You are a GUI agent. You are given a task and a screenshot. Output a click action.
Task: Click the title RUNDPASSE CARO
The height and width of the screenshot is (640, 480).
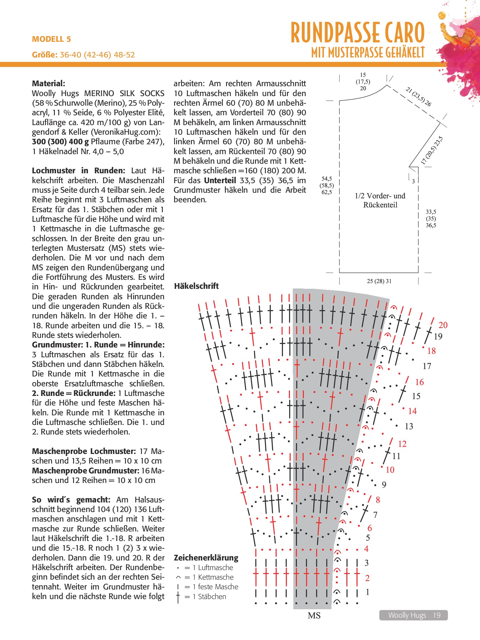[x=358, y=33]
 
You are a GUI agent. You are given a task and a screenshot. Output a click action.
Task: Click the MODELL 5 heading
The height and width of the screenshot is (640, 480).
[x=51, y=39]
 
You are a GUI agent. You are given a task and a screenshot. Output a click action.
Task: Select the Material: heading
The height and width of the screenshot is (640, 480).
[x=48, y=84]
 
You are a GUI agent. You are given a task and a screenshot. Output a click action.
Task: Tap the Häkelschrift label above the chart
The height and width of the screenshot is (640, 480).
[x=196, y=286]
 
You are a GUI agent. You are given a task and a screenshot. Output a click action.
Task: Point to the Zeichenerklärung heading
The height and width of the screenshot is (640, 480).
[x=206, y=558]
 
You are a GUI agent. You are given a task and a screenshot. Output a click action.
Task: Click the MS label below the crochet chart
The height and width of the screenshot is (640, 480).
[x=314, y=616]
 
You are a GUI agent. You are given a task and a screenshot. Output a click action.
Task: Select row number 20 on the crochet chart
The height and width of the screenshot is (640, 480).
[x=443, y=325]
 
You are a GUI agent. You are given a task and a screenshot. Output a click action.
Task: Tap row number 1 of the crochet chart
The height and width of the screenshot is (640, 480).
[x=368, y=592]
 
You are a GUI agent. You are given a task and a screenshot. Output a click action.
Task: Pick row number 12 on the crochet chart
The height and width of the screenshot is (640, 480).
[x=402, y=444]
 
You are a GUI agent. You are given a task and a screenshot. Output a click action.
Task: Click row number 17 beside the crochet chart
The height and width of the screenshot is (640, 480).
[x=427, y=366]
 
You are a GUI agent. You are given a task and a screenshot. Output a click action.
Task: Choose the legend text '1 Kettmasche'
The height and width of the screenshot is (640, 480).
[x=216, y=577]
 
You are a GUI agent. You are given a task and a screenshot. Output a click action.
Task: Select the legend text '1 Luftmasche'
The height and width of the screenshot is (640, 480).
[x=215, y=568]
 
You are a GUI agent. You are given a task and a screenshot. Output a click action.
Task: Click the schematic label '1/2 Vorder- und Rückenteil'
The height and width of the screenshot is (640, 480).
[x=380, y=200]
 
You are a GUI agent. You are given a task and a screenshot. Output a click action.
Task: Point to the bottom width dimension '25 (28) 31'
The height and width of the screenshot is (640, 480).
[x=379, y=281]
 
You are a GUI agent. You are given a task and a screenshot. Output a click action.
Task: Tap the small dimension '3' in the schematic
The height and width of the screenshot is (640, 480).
[x=413, y=181]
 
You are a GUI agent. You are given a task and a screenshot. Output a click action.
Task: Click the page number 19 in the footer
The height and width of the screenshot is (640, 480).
[x=436, y=615]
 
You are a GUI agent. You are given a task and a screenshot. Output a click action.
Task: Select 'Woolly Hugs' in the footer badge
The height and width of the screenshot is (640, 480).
[x=407, y=615]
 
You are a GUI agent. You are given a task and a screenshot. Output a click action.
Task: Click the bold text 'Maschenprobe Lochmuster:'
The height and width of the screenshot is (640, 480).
[x=84, y=451]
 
